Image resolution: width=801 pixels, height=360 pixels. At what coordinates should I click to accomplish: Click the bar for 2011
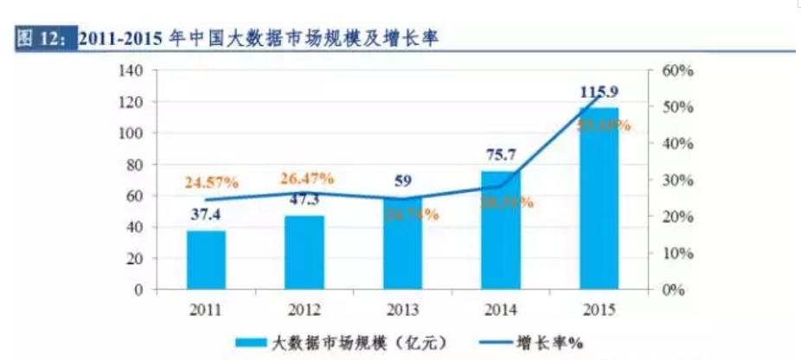pyautogui.click(x=206, y=260)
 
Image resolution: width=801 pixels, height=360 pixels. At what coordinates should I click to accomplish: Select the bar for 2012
pyautogui.click(x=304, y=252)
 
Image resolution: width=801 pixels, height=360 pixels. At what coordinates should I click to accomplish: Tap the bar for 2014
pyautogui.click(x=501, y=230)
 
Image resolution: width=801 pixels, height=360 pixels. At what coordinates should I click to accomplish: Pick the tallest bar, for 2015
pyautogui.click(x=599, y=199)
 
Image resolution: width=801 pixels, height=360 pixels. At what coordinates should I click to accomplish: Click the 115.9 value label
pyautogui.click(x=599, y=90)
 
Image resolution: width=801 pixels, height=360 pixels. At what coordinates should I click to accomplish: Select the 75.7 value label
pyautogui.click(x=501, y=156)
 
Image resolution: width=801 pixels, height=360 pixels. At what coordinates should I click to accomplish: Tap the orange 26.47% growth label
pyautogui.click(x=306, y=179)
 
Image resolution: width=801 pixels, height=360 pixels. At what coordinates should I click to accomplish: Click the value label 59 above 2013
pyautogui.click(x=402, y=182)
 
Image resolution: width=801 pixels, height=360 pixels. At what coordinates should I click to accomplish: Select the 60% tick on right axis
pyautogui.click(x=677, y=71)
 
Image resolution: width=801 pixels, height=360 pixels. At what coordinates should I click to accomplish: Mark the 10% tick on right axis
pyautogui.click(x=677, y=253)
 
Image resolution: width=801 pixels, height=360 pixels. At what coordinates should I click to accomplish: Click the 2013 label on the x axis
pyautogui.click(x=402, y=308)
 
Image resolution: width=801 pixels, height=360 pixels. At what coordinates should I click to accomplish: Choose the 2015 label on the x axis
pyautogui.click(x=599, y=308)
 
